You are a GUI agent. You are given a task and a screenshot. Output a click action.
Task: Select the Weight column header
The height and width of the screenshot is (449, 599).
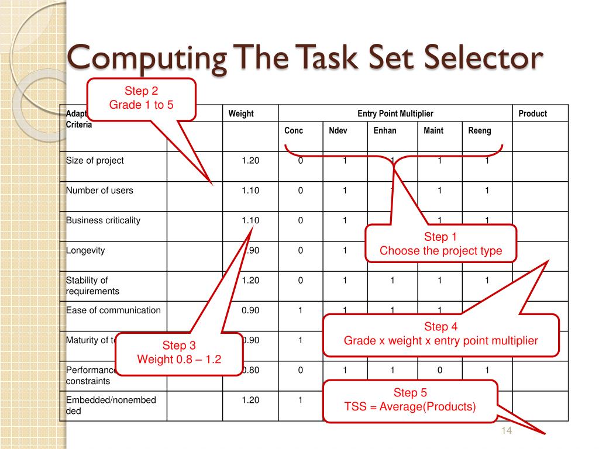coord(241,113)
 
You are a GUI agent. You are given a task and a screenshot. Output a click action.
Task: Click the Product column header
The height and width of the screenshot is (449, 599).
coord(532,113)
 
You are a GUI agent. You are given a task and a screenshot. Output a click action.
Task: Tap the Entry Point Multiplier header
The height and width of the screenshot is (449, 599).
coord(395,113)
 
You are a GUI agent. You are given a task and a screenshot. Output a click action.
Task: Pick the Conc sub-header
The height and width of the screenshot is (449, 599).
coord(294,130)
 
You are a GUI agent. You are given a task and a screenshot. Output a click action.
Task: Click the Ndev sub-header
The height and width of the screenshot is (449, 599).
coord(338,130)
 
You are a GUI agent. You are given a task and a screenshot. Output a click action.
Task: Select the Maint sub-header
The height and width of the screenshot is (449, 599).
coord(433,130)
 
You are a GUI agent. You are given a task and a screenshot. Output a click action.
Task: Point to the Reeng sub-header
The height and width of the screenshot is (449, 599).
coord(480,130)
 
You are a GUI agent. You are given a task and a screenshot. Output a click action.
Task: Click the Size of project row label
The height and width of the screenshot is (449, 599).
coord(95,160)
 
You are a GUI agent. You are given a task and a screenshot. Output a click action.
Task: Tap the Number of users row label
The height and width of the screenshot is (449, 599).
coord(99,190)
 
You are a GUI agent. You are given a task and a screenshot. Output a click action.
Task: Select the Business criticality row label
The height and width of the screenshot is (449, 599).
coord(103,220)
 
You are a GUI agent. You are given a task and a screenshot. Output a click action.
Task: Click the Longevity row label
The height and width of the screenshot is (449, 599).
coord(85,250)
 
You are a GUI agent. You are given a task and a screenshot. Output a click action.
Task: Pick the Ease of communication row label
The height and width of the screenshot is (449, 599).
coord(113,310)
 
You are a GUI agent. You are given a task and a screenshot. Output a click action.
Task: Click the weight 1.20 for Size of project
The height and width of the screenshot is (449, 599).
coord(250,160)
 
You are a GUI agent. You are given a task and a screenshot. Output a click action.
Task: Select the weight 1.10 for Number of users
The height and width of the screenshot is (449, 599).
coord(250,190)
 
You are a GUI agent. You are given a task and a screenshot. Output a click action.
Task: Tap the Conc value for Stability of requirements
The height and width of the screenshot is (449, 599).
coord(300,280)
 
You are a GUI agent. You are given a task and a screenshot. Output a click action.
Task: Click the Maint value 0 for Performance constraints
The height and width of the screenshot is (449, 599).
coord(439,370)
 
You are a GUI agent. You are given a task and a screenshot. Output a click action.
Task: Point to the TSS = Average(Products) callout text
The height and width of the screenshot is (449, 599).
coord(410,406)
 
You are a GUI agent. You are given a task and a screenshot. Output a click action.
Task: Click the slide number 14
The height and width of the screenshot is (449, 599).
coord(507,431)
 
